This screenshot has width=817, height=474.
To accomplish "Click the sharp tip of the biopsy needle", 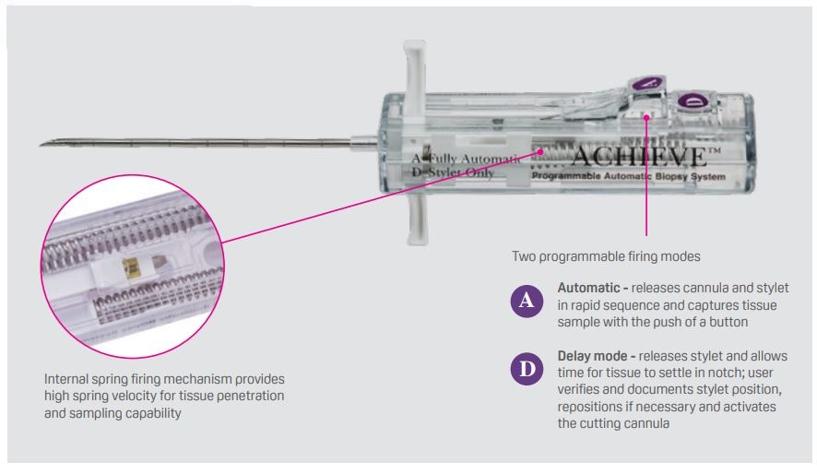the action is [41, 144].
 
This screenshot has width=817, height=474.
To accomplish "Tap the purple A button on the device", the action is [647, 83].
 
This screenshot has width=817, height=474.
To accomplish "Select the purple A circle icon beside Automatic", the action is [527, 301].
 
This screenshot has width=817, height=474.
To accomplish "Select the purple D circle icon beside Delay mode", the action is [527, 369].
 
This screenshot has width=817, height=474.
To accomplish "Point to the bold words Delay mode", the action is [592, 356].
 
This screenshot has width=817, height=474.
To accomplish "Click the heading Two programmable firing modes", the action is [606, 256].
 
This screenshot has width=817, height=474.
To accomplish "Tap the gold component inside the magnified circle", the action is [130, 268].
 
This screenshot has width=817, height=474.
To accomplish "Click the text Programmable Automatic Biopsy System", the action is [628, 176].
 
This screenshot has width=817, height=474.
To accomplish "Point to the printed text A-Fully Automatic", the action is [466, 159].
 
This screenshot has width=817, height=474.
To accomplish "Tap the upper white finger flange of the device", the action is [415, 78].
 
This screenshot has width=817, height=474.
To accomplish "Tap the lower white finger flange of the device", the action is [417, 219].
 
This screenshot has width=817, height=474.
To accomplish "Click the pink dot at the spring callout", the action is [541, 151].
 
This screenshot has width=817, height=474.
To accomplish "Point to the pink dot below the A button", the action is [646, 117].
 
